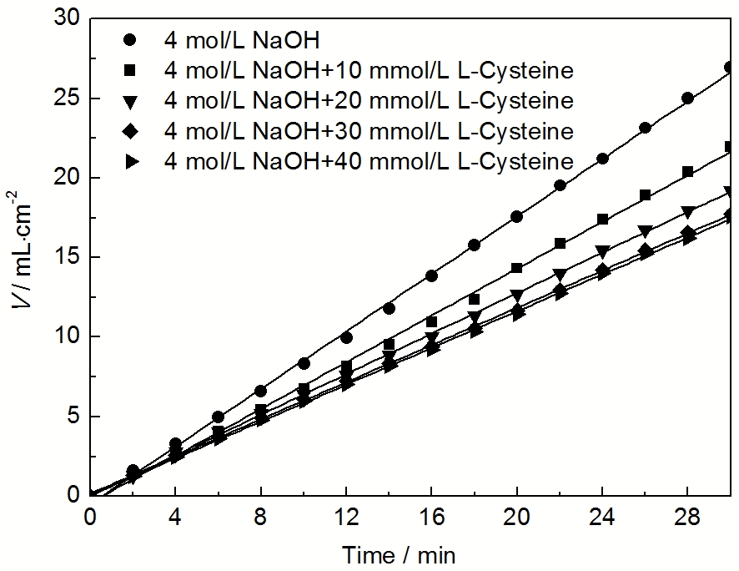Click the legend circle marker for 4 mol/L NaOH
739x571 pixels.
(129, 39)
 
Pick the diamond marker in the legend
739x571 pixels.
(129, 131)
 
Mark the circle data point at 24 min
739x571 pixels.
(603, 159)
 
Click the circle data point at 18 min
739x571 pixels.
(475, 245)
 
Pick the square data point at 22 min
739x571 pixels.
(560, 244)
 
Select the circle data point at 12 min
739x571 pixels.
(347, 338)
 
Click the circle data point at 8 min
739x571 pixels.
(261, 391)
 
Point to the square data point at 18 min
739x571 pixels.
(475, 299)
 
